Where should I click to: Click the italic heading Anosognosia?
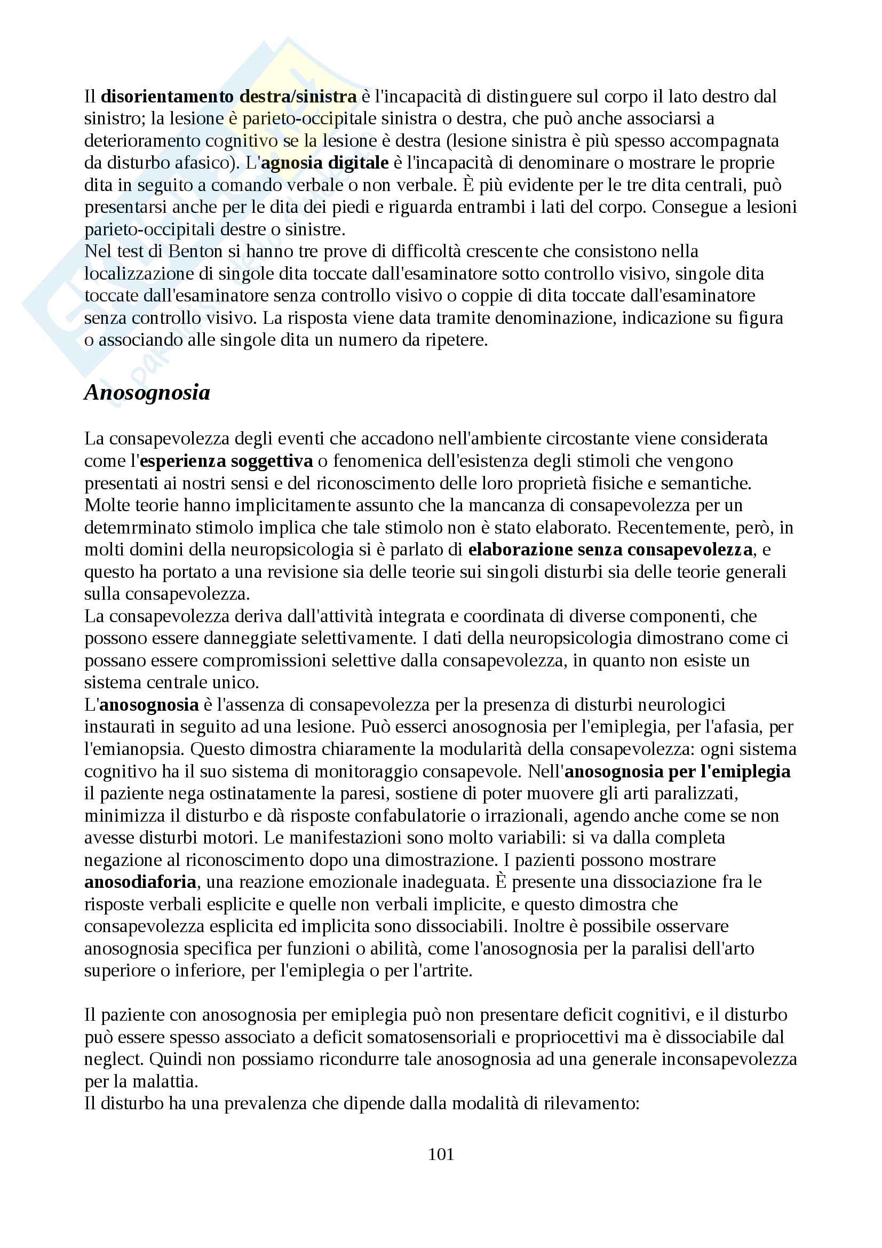pos(147,393)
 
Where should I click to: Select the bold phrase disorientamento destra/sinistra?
pos(229,97)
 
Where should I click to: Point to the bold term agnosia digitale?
pos(325,163)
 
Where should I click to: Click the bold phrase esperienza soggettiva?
pos(226,461)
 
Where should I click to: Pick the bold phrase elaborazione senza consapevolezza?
pos(610,550)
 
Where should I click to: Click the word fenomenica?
pos(379,461)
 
